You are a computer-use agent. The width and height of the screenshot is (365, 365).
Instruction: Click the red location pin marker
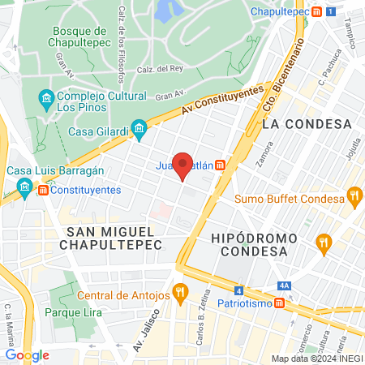[183, 165]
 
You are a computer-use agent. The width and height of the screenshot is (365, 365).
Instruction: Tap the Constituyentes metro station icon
[24, 189]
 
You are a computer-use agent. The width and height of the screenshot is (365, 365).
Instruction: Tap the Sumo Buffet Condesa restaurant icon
[354, 195]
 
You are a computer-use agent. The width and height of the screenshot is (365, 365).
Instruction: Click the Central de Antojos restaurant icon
[180, 290]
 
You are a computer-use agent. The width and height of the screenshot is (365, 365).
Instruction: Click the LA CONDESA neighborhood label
[307, 124]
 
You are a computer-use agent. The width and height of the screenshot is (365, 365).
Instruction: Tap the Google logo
[27, 354]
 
